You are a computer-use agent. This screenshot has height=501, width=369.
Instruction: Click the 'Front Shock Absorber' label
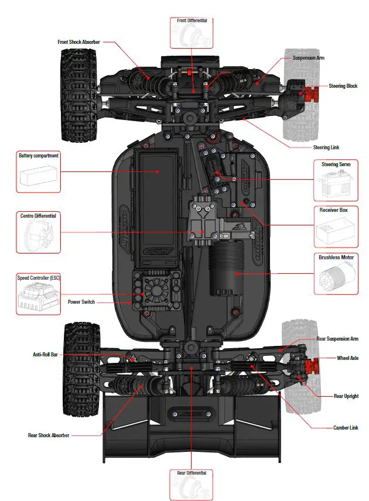[x=78, y=42]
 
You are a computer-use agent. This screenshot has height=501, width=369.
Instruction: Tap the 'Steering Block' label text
[x=343, y=86]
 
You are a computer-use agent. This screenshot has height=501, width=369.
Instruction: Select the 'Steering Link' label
[x=326, y=147]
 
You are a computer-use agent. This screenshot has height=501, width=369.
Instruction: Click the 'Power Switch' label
[x=80, y=302]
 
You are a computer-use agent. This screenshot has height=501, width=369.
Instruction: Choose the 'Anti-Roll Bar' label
[x=45, y=355]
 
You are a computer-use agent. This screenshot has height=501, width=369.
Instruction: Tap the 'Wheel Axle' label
[x=347, y=358]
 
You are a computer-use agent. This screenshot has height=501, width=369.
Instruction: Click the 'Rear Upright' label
[x=346, y=396]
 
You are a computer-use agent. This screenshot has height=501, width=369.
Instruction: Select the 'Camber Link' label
[x=346, y=428]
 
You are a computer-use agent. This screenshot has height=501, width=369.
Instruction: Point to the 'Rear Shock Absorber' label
[x=49, y=435]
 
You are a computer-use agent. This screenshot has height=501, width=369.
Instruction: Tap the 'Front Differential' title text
[x=192, y=21]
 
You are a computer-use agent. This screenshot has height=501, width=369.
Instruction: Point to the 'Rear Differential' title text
[x=192, y=472]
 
